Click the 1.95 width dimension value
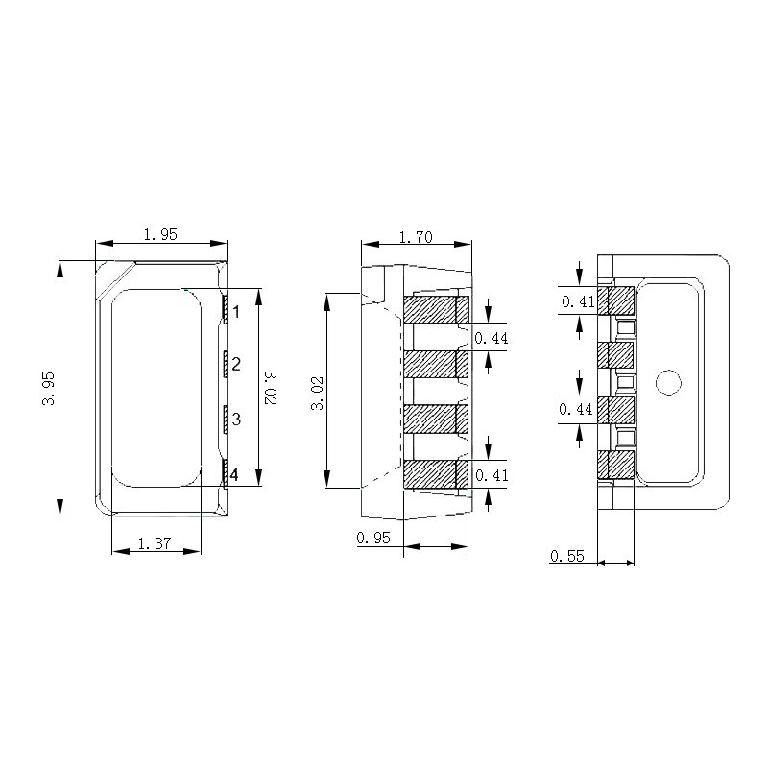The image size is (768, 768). click(x=159, y=234)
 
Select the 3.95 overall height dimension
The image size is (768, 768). click(x=48, y=388)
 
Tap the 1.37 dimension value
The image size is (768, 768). click(x=155, y=543)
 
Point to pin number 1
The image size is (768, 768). click(x=235, y=311)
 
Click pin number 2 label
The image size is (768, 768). click(x=235, y=364)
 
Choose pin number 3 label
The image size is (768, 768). click(x=235, y=420)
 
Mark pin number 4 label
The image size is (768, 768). click(x=235, y=473)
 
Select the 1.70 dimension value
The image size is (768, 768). click(x=416, y=238)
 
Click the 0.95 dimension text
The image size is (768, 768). click(x=372, y=538)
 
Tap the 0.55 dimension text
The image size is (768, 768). click(x=567, y=556)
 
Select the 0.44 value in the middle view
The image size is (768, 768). click(x=492, y=338)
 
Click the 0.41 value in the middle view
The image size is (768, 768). click(x=492, y=475)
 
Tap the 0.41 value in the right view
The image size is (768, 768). click(x=578, y=301)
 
